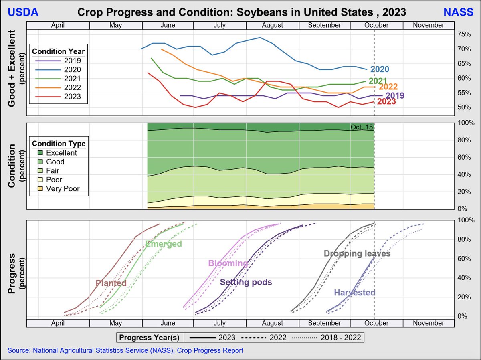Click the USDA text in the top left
(23, 12)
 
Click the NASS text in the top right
(458, 12)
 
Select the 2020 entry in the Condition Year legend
(72, 70)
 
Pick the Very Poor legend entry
(63, 188)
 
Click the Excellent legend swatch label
(61, 153)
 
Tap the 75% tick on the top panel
(463, 34)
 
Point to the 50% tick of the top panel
(463, 107)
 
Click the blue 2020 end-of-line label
(380, 69)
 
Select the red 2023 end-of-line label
(386, 102)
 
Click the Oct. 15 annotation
(362, 127)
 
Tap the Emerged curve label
(164, 244)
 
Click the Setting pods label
(246, 282)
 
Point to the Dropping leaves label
(357, 253)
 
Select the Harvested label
(354, 293)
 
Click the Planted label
(111, 283)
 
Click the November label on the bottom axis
(428, 323)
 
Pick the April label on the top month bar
(58, 25)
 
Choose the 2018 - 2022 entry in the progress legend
(327, 338)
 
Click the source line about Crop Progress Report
(125, 350)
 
